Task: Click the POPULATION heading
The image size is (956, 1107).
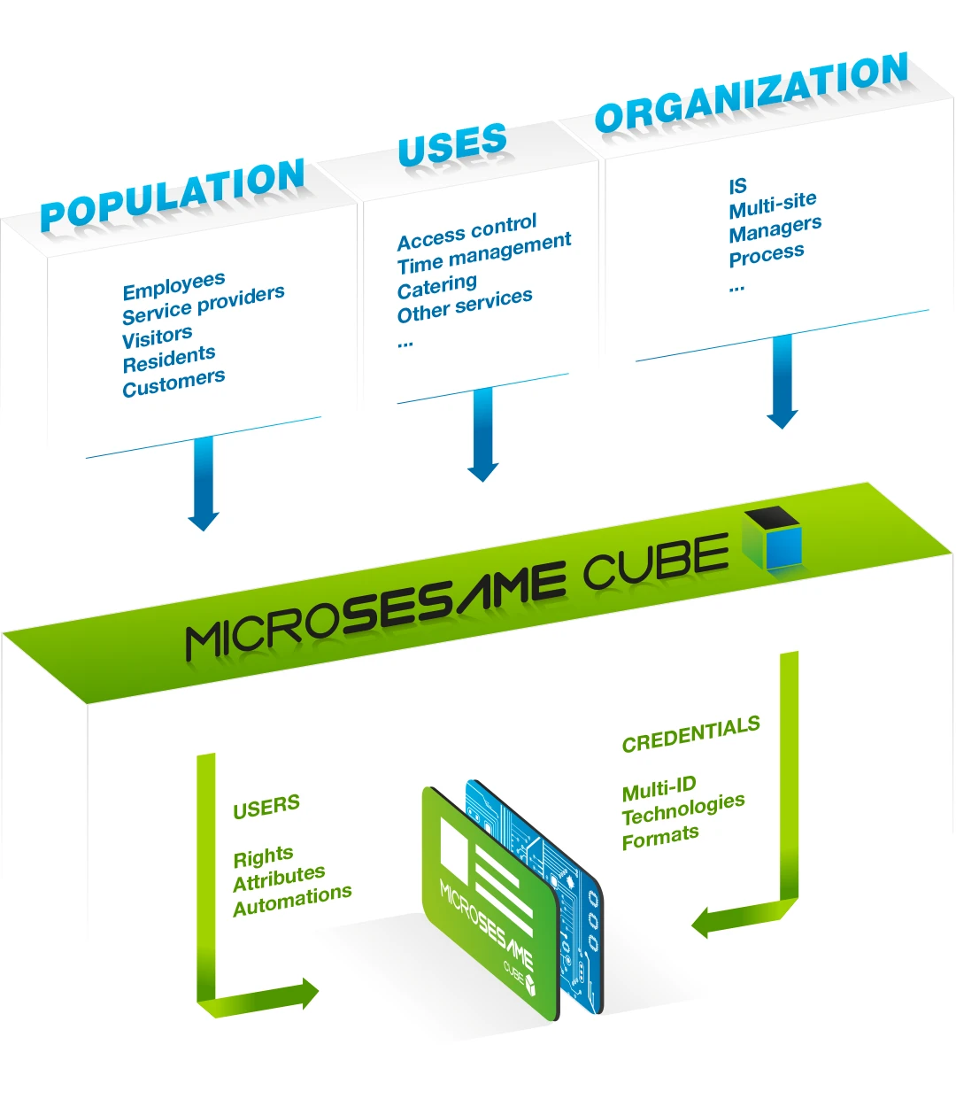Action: point(173,195)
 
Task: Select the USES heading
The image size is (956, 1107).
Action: point(452,143)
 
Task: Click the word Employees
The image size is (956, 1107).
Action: point(174,286)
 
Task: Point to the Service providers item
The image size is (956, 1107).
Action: point(204,304)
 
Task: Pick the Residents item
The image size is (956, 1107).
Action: point(168,359)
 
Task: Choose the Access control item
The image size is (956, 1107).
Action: point(466,231)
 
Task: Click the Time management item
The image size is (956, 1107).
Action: point(484,252)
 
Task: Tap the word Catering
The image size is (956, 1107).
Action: point(436,286)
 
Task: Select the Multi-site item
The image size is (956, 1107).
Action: point(773,205)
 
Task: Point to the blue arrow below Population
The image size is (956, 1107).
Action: point(204,483)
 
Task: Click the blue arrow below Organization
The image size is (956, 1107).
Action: point(782,382)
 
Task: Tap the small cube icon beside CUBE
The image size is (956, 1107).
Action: point(772,538)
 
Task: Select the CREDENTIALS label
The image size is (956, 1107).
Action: point(691,734)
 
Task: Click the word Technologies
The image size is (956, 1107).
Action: point(683,809)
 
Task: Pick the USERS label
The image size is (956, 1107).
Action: point(266,806)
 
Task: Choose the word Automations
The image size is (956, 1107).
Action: point(292,901)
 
